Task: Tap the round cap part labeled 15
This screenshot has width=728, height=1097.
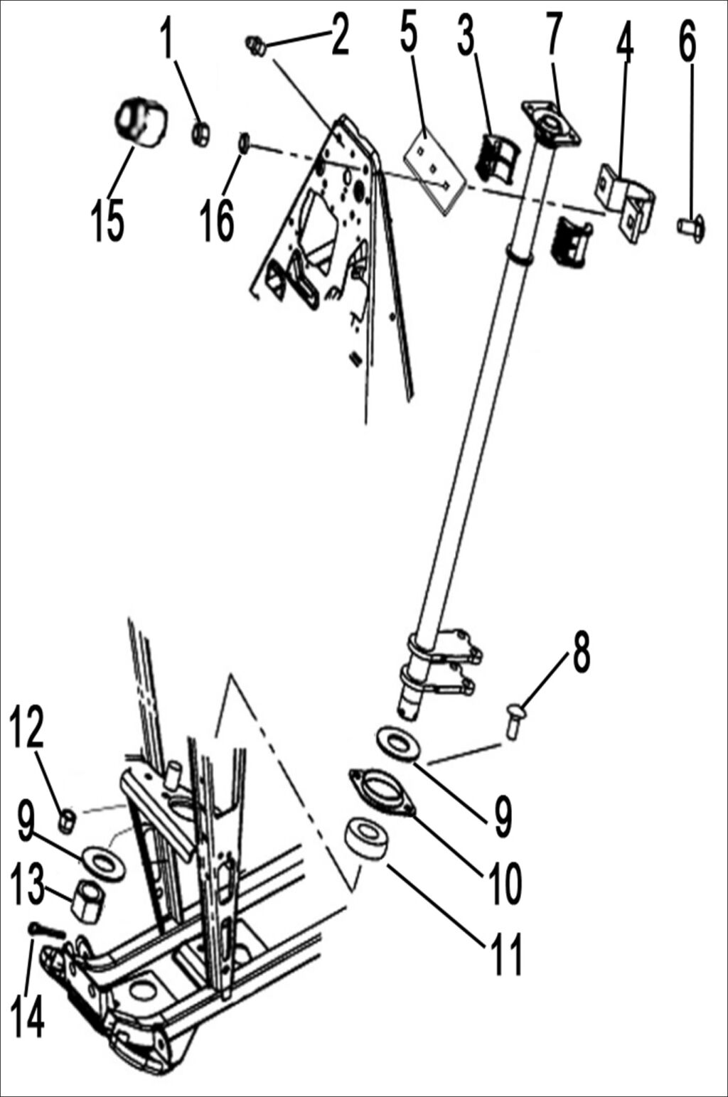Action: [141, 123]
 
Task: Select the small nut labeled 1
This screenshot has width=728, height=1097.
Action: [200, 133]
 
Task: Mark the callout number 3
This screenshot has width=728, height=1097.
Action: [466, 36]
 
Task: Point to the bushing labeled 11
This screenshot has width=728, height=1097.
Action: [368, 839]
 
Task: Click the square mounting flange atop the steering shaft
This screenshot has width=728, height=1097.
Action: [551, 123]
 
